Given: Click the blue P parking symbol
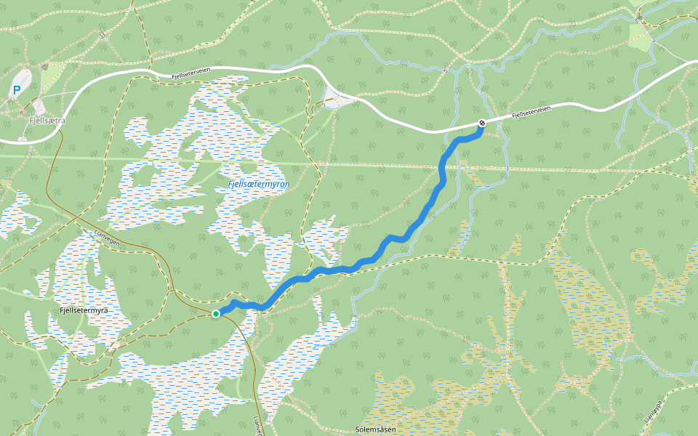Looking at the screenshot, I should coord(16,91).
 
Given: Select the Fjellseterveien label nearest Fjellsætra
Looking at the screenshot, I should coord(191,75).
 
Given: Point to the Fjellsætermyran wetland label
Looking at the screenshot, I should coord(259,185).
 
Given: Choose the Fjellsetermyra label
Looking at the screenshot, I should coord(84,311).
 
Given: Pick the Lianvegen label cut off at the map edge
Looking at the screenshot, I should coord(257,426).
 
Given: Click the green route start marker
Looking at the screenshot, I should coord(216,314).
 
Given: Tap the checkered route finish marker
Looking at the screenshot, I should coord(481,123).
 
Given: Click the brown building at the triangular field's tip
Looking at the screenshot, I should coord(45,67).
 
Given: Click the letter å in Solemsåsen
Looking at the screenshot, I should coord(388,430).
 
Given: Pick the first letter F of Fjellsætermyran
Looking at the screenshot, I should coord(230,185).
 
